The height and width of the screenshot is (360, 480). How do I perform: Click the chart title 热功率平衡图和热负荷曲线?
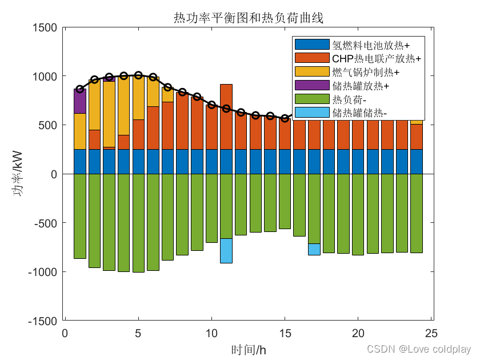(249, 18)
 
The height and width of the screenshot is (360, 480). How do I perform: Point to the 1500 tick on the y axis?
(45, 27)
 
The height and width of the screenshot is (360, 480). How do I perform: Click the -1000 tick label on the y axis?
(42, 272)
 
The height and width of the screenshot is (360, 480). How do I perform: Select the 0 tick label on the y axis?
(54, 174)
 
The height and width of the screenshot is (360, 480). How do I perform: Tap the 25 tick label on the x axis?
(431, 333)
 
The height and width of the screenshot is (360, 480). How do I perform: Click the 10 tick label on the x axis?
(211, 333)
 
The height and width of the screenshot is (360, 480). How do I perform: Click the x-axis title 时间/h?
(249, 350)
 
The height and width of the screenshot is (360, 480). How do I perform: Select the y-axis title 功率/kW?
(18, 173)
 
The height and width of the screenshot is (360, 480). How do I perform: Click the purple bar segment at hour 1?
(80, 101)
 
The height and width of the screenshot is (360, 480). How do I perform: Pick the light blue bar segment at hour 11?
(226, 251)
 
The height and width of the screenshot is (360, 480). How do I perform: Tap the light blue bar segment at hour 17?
(314, 250)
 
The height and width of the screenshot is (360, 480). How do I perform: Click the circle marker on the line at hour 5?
(138, 75)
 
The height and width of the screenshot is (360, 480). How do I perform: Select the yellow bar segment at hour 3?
(109, 114)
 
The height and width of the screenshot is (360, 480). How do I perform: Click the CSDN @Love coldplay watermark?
(419, 349)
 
